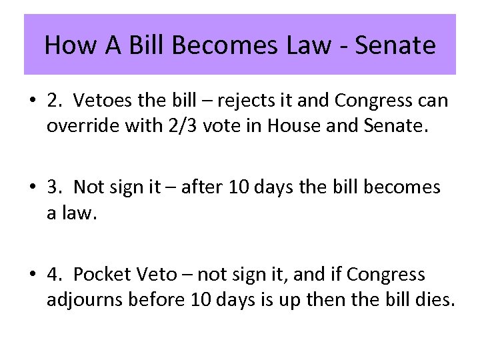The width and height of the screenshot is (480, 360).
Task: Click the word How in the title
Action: coord(65,45)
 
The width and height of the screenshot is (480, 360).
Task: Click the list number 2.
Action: coord(53,100)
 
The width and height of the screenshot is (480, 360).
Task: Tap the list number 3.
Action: coord(53,187)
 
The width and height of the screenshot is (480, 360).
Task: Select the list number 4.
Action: coord(53,274)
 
